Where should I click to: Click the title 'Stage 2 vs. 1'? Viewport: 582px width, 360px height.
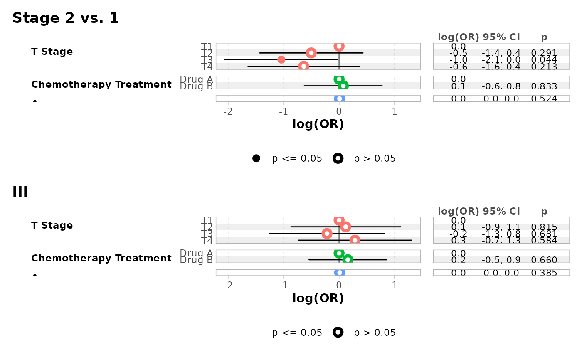pyautogui.click(x=66, y=18)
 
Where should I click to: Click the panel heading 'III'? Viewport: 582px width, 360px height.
pyautogui.click(x=20, y=192)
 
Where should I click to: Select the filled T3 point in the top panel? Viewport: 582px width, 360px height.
pyautogui.click(x=281, y=60)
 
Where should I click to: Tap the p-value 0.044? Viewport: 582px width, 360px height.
pyautogui.click(x=544, y=60)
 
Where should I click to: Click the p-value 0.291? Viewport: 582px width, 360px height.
pyautogui.click(x=544, y=53)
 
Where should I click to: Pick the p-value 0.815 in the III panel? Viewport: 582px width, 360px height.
pyautogui.click(x=544, y=227)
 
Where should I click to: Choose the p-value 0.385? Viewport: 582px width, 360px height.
pyautogui.click(x=544, y=273)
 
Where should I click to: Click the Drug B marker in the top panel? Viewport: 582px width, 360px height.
pyautogui.click(x=343, y=86)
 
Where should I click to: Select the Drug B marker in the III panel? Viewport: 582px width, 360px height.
pyautogui.click(x=348, y=260)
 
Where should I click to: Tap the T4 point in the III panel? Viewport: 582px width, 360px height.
pyautogui.click(x=355, y=240)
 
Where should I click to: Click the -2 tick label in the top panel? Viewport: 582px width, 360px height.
pyautogui.click(x=228, y=111)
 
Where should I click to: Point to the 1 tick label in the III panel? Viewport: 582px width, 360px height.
pyautogui.click(x=395, y=285)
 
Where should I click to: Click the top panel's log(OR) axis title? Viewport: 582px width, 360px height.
pyautogui.click(x=318, y=124)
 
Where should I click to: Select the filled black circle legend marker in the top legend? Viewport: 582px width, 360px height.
pyautogui.click(x=256, y=158)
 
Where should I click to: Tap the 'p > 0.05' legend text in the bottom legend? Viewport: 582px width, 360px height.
pyautogui.click(x=375, y=333)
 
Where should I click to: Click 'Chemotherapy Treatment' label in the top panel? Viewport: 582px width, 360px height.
pyautogui.click(x=101, y=85)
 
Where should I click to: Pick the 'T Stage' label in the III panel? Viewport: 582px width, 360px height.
pyautogui.click(x=52, y=226)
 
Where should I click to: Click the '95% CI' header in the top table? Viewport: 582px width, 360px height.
pyautogui.click(x=501, y=37)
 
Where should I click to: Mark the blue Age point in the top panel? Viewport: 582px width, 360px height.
pyautogui.click(x=339, y=99)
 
